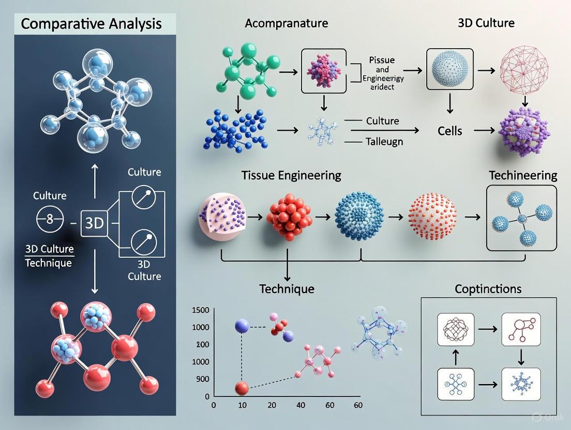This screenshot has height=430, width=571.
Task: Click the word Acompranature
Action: [286, 23]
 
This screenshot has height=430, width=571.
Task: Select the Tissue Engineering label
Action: [291, 175]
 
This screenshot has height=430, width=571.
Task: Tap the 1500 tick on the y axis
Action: [200, 310]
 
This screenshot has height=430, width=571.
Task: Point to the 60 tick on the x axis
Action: [357, 405]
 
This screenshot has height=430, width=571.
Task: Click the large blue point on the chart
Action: [242, 326]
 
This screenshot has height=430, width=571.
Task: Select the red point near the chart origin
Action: [242, 388]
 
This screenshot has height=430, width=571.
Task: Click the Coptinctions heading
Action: [488, 288]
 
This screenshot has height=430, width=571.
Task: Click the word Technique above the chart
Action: [287, 288]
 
